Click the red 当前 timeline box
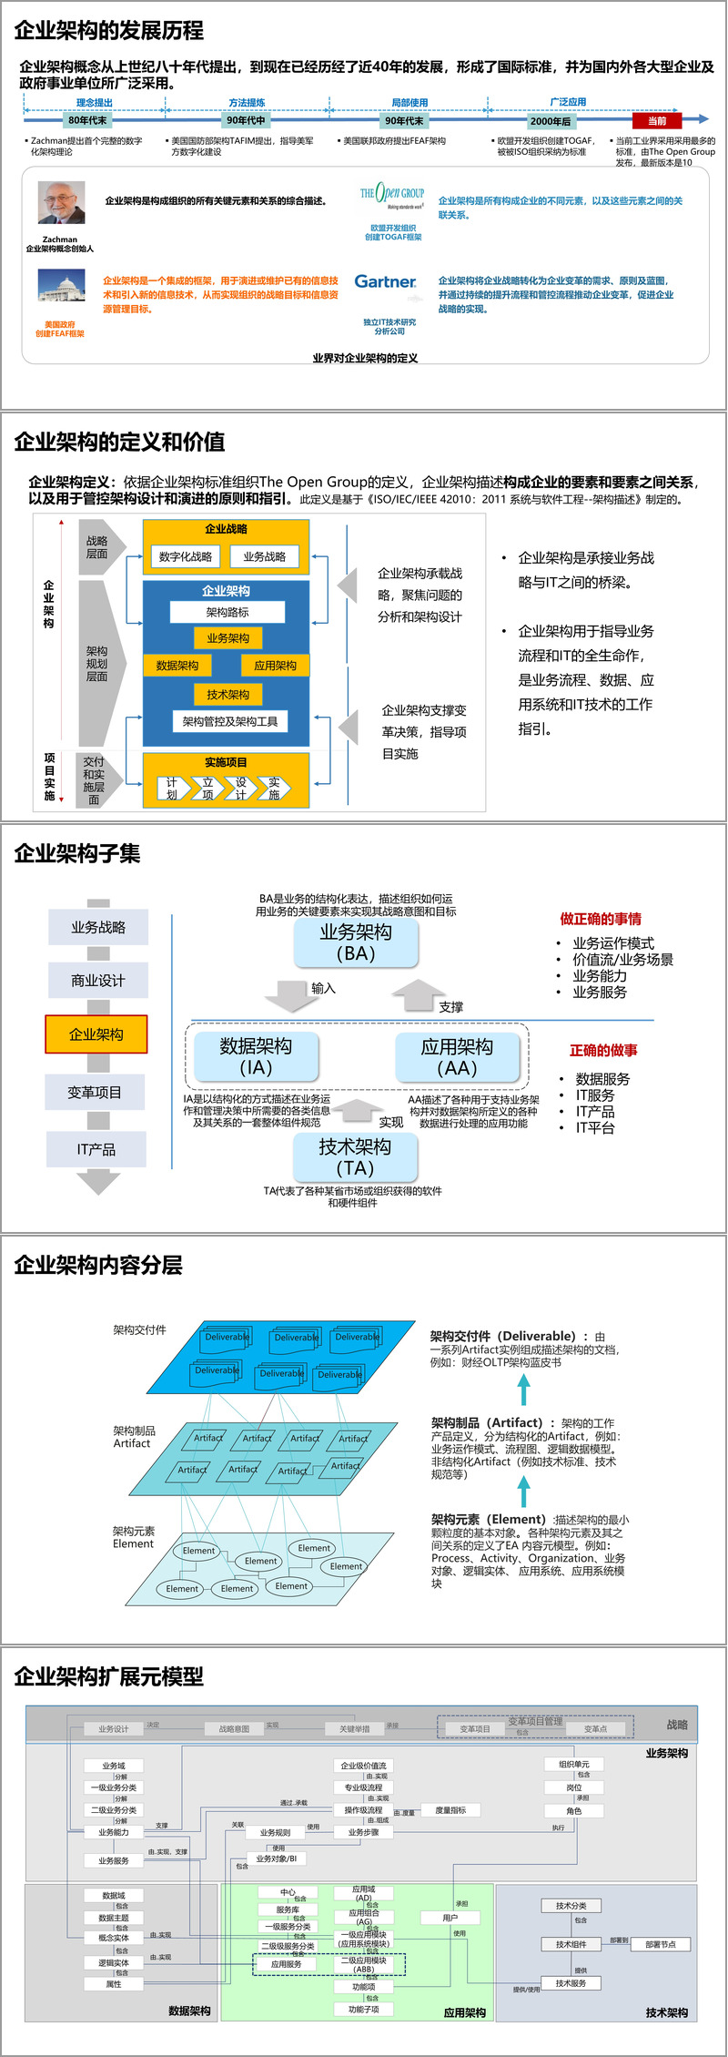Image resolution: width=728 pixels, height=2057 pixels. [x=656, y=120]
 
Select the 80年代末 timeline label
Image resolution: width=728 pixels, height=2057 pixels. [x=87, y=120]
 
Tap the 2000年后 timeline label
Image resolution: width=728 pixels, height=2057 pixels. [x=551, y=121]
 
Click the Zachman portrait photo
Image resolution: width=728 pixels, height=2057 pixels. [x=61, y=202]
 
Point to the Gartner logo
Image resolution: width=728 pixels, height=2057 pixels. [x=385, y=282]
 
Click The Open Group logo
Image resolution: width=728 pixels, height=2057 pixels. [x=392, y=194]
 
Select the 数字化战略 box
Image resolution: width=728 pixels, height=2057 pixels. [x=186, y=556]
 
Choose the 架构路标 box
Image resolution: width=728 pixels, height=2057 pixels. [x=227, y=612]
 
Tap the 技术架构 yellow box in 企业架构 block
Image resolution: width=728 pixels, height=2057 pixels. [x=227, y=695]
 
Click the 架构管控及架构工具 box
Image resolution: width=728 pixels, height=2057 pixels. [x=230, y=721]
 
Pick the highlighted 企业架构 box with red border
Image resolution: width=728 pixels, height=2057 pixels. [x=96, y=1034]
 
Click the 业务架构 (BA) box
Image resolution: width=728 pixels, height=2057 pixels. [x=356, y=942]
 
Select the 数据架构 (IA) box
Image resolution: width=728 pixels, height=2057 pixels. [x=256, y=1056]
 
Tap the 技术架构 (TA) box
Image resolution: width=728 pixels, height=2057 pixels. [x=355, y=1156]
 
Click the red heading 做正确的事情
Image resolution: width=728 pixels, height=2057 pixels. [x=601, y=919]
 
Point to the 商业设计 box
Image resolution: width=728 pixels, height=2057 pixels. [x=97, y=981]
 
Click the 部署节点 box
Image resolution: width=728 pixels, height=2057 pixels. [x=660, y=1944]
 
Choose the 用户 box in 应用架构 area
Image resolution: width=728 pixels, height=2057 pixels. [x=450, y=1917]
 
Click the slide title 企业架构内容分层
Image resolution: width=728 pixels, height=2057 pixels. [x=98, y=1265]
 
